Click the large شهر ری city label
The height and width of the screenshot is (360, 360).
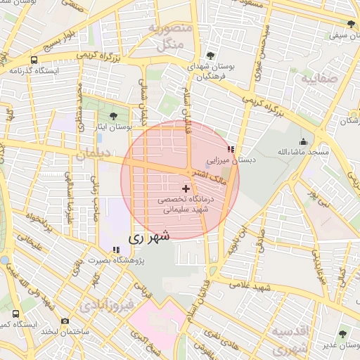tap(149, 238)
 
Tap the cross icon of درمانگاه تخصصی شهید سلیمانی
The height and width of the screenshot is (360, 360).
tap(186, 188)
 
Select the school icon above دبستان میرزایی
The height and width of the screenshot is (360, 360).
tap(231, 149)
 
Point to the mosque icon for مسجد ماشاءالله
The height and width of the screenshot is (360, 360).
tap(302, 141)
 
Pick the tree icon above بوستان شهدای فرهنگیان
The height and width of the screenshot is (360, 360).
tap(211, 55)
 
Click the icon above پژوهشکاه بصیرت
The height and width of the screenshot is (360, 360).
tap(115, 250)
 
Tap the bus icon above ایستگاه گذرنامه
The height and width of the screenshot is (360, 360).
tap(34, 60)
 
